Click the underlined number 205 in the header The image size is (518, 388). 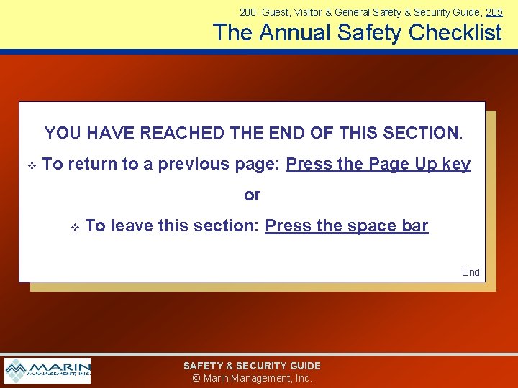(x=494, y=12)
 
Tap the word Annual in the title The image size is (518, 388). (x=296, y=32)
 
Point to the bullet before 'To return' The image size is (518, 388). (x=32, y=166)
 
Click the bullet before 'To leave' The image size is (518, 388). (x=74, y=228)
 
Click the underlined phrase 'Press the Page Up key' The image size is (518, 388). (x=378, y=165)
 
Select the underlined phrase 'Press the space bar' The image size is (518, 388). (x=346, y=226)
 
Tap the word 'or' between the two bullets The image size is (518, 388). (x=253, y=195)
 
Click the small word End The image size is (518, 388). (x=471, y=272)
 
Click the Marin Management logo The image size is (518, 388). (x=47, y=371)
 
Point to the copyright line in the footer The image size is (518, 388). (x=252, y=378)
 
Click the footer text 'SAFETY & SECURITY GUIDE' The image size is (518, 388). (x=252, y=366)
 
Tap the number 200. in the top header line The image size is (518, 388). (x=249, y=12)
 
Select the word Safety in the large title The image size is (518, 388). (x=368, y=32)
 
